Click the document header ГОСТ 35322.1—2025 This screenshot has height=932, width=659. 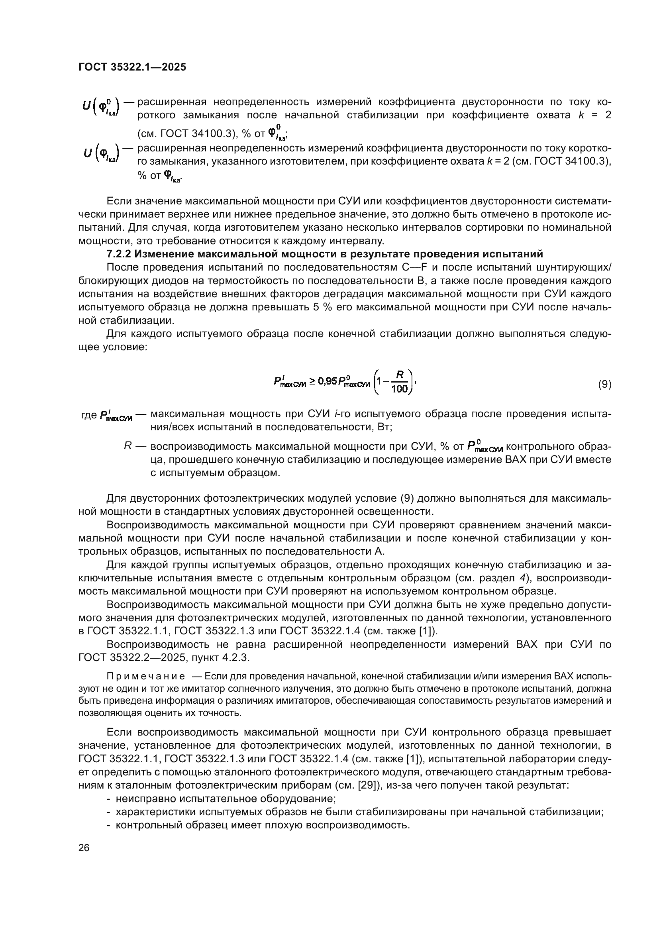[132, 67]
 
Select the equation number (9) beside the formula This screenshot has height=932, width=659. [605, 384]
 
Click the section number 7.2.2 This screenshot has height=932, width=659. [119, 254]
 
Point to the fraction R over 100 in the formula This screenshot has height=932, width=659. [399, 382]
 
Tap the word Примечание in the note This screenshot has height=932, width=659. [146, 676]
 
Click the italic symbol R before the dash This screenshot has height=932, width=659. [127, 446]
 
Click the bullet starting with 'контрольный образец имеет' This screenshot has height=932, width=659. [262, 825]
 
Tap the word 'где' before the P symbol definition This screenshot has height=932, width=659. [88, 415]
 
